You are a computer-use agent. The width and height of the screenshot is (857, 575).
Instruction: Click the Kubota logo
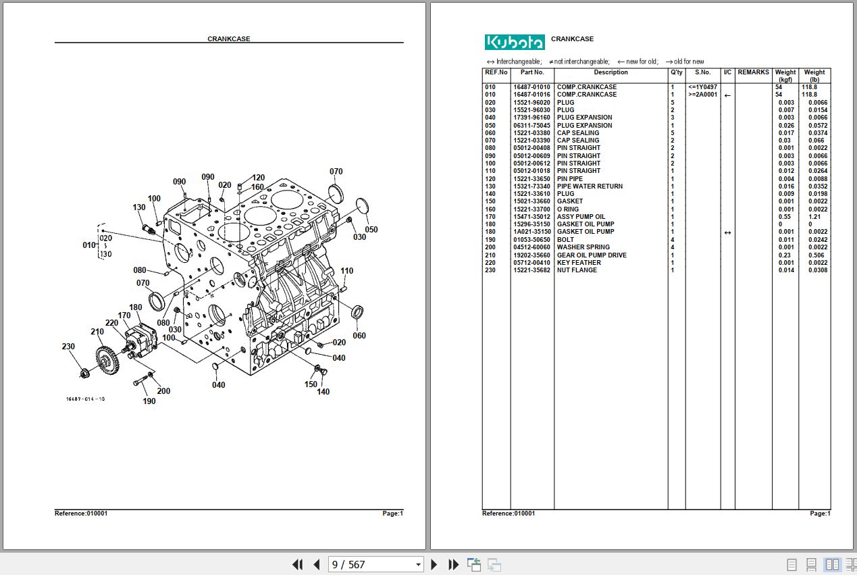[x=514, y=42]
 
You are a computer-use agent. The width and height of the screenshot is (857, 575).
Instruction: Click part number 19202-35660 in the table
[x=531, y=255]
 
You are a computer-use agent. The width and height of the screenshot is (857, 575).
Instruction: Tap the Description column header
[x=611, y=72]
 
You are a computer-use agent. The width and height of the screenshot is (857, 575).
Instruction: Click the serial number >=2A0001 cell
[x=702, y=95]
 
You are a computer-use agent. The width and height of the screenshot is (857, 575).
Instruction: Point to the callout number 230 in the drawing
[x=68, y=347]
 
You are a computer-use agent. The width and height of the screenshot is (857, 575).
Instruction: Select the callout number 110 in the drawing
[x=346, y=271]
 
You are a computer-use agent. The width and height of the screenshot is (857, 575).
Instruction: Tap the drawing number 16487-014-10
[x=85, y=399]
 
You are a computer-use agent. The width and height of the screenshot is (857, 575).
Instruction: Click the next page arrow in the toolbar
[x=434, y=564]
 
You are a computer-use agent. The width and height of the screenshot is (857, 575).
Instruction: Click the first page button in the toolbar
[x=297, y=564]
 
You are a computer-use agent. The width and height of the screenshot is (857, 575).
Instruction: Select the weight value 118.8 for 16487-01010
[x=809, y=87]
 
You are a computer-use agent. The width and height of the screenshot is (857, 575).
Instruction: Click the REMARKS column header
[x=753, y=72]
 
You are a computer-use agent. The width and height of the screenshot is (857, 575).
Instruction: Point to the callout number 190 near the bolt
[x=149, y=401]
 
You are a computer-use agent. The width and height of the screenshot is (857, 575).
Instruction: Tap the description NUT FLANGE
[x=577, y=270]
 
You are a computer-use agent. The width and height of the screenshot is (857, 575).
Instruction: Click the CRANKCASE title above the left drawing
[x=228, y=39]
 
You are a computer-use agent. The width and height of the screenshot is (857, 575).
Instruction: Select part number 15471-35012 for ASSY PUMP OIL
[x=531, y=217]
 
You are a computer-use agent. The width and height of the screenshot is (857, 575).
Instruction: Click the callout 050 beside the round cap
[x=371, y=230]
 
